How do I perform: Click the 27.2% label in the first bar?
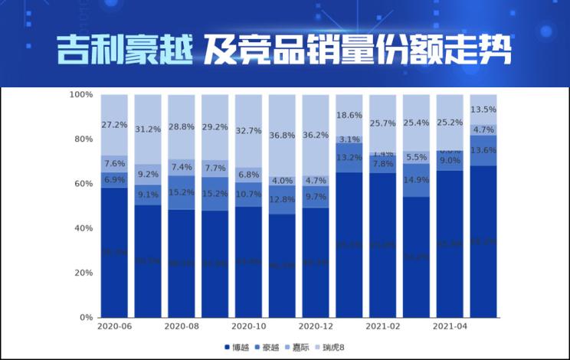tap(114, 124)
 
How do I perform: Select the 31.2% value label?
tap(148, 129)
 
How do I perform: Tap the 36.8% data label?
tap(282, 136)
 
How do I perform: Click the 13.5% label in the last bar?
tap(483, 109)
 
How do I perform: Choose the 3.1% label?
tap(349, 139)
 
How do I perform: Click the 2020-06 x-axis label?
tap(114, 326)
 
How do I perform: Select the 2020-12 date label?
tap(316, 326)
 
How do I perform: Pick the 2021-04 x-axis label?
tap(450, 326)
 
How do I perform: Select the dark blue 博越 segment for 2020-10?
tap(248, 261)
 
